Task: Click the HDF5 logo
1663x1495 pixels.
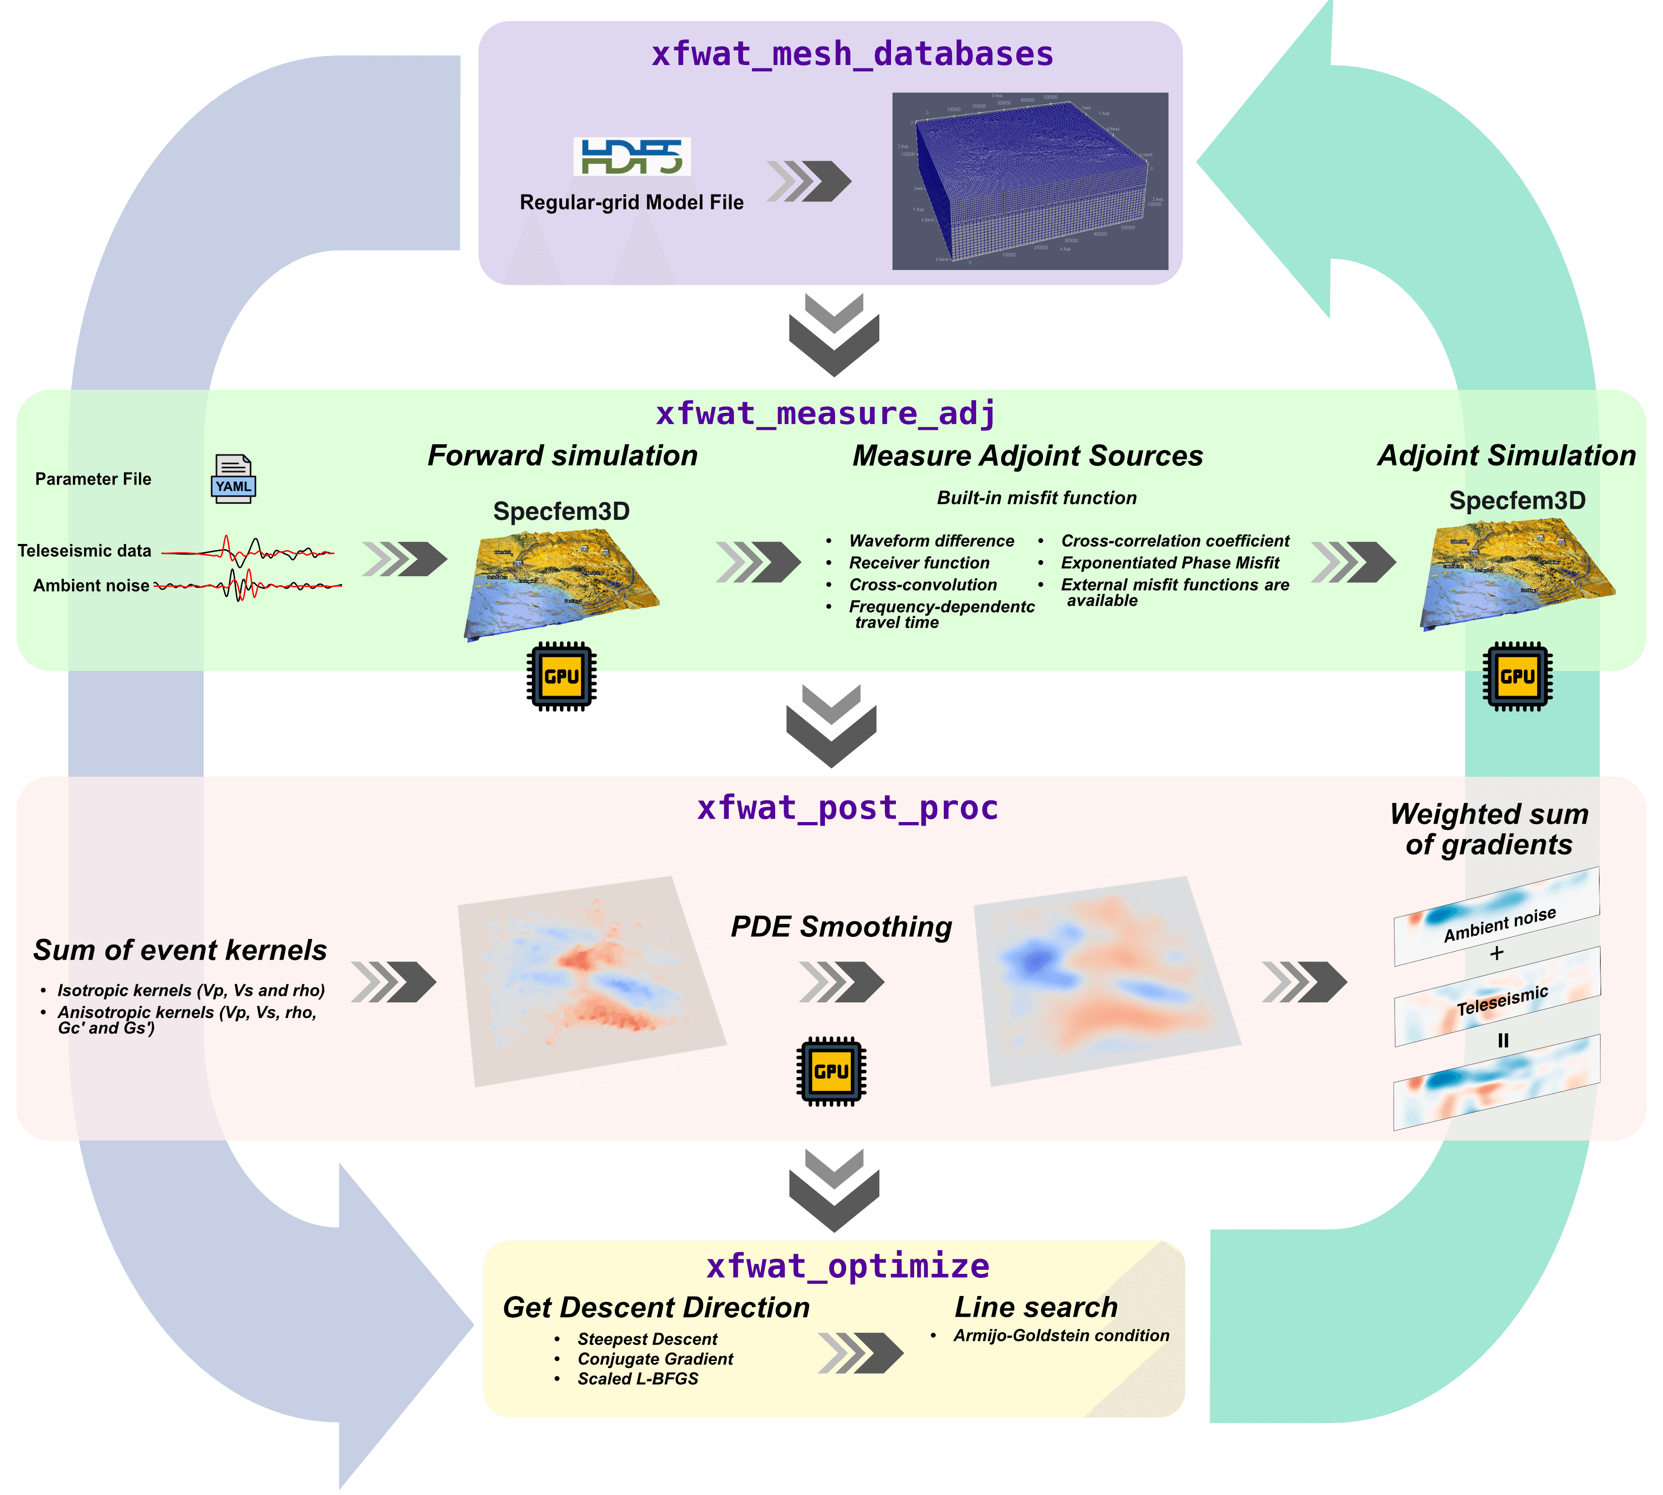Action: coord(632,157)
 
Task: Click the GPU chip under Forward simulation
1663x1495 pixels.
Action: coord(562,676)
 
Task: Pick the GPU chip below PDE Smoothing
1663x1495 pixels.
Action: coord(831,1071)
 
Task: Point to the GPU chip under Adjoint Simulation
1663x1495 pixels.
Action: coord(1517,676)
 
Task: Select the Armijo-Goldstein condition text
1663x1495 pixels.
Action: coord(1061,1336)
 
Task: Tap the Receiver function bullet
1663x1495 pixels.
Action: coord(919,563)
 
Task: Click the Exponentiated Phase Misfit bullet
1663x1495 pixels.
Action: coord(1169,563)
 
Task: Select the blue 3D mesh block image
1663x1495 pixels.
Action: coord(1030,181)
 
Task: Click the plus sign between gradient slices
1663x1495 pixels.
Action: coord(1496,953)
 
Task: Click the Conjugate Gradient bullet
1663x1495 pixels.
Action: coord(655,1358)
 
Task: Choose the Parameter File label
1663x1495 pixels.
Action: coord(93,479)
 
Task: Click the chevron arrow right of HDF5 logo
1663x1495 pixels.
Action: coord(809,181)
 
